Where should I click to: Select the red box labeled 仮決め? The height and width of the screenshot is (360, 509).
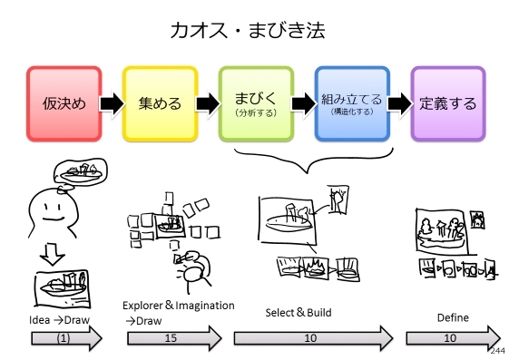click(64, 102)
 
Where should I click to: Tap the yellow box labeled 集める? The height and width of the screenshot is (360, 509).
click(159, 102)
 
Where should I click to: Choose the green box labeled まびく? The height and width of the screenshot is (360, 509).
click(255, 102)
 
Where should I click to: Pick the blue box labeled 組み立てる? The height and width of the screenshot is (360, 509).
click(351, 102)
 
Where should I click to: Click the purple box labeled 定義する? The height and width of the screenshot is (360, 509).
click(448, 102)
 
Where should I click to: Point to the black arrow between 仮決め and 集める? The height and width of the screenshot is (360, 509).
click(111, 102)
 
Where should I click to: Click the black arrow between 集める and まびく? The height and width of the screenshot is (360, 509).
click(207, 102)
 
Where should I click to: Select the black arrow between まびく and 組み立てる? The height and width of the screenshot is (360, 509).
click(303, 102)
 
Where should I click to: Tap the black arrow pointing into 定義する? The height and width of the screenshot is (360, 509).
click(399, 102)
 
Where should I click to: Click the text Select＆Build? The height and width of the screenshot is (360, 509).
click(298, 313)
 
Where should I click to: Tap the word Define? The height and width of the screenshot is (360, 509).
click(452, 317)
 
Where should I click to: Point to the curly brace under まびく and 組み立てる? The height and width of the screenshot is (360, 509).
click(303, 164)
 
